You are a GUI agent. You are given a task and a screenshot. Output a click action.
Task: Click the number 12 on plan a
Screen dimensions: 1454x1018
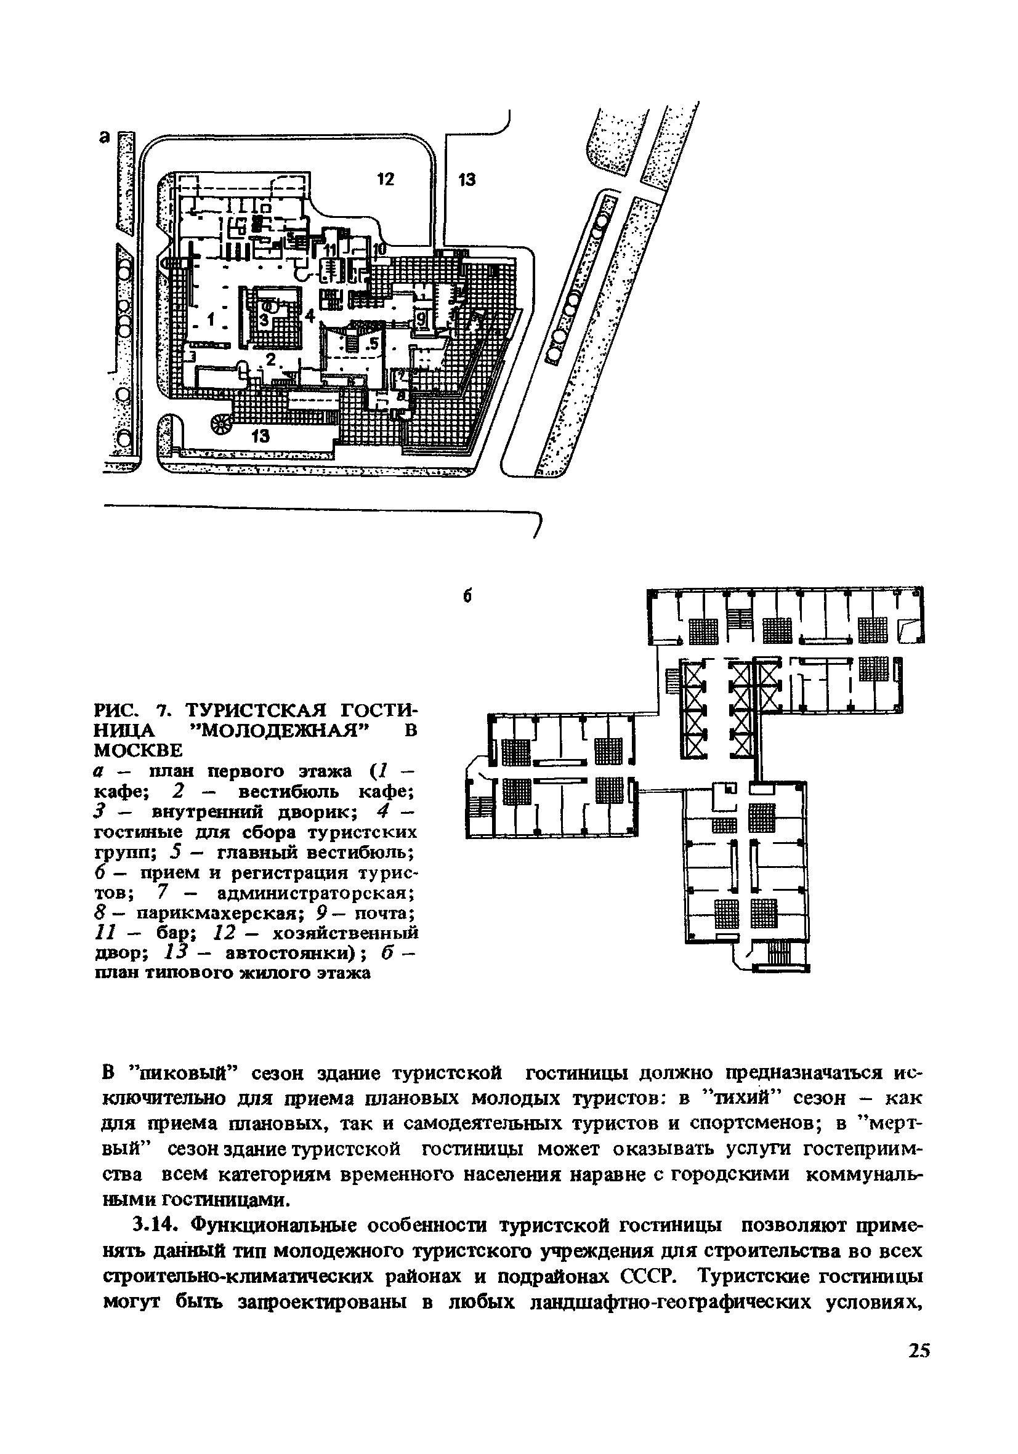point(385,180)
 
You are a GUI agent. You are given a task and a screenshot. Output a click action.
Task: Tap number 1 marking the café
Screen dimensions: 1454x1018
point(211,316)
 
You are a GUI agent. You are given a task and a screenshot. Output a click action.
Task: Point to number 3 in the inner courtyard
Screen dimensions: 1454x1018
point(264,321)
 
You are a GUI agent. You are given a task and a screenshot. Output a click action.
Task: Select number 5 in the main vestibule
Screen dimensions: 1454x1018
point(374,343)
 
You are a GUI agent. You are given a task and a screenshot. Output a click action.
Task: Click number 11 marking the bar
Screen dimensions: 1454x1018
point(331,249)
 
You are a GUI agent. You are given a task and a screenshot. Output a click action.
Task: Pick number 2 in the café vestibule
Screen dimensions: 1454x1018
point(271,359)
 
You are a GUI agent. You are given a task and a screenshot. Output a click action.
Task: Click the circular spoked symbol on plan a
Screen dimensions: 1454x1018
point(222,425)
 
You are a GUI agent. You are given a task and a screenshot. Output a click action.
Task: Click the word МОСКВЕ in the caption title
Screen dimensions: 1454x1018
point(138,750)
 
